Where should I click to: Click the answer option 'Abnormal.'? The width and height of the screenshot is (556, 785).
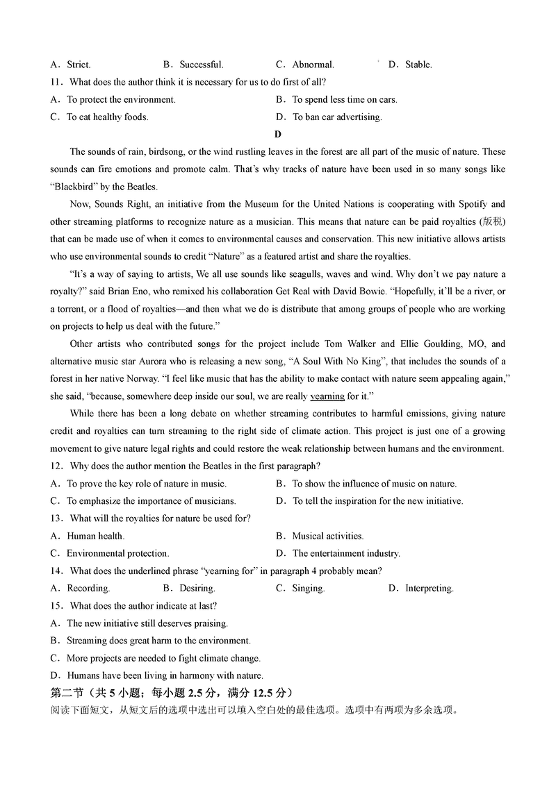click(313, 65)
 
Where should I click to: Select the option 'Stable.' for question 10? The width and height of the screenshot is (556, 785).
click(418, 65)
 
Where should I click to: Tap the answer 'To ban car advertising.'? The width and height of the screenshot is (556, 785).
click(337, 117)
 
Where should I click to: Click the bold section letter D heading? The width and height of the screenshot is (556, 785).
click(278, 135)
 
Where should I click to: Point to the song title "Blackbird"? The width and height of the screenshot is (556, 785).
click(76, 187)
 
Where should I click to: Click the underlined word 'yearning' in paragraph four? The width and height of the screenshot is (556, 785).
click(327, 396)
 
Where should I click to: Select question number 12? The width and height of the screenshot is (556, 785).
click(56, 466)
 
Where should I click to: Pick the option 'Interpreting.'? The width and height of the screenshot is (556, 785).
click(430, 589)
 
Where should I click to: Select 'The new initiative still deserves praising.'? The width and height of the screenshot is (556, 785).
click(147, 623)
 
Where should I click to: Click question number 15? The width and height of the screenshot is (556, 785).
click(56, 606)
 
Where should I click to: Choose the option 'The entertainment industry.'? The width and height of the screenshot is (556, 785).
click(346, 553)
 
